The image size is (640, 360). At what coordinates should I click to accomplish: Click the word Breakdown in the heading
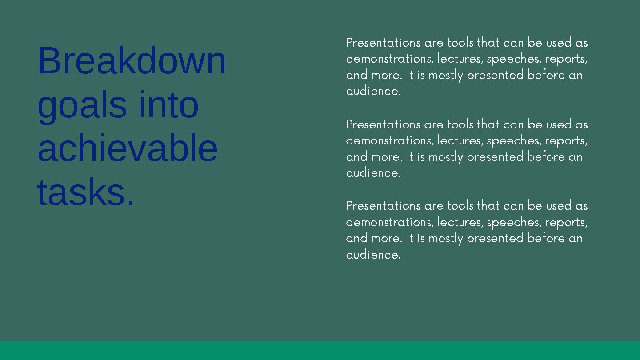[132, 60]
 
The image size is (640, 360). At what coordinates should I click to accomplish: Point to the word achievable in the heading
[128, 148]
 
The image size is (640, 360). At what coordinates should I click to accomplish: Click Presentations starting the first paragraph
[383, 43]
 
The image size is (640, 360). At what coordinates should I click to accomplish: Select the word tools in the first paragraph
[460, 43]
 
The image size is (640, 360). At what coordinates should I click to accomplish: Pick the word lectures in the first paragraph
[460, 59]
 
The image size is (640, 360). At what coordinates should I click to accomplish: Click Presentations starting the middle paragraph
[383, 124]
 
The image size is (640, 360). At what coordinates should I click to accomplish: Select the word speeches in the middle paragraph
[513, 140]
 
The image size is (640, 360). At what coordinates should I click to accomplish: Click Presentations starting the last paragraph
[383, 206]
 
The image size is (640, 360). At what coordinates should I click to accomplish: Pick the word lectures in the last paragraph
[460, 222]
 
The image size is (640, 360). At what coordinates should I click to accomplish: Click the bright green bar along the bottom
[320, 351]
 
